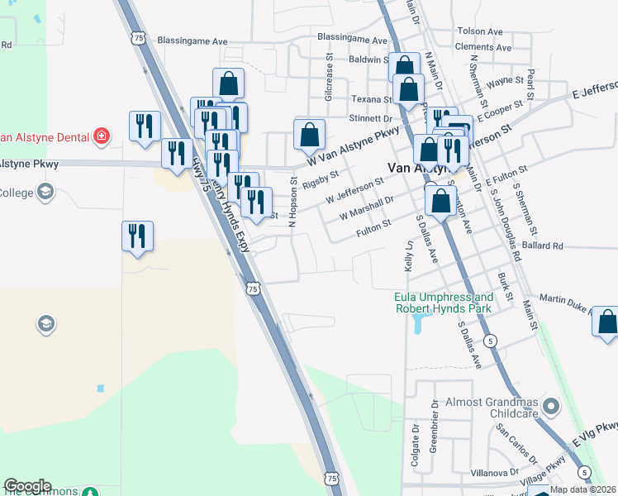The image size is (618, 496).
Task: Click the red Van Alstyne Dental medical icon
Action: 101,136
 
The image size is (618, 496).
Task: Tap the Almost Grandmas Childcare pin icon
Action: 553,406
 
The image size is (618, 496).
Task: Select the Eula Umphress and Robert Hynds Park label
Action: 444,303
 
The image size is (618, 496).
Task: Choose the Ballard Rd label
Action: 542,246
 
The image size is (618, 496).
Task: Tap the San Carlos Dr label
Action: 516,444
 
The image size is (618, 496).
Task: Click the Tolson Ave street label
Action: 479,31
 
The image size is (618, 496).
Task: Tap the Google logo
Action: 27,486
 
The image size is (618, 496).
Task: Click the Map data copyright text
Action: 582,489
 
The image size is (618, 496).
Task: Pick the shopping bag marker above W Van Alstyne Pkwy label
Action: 309,135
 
